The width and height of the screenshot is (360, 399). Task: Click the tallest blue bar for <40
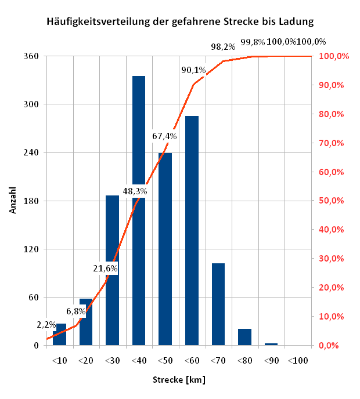click(139, 145)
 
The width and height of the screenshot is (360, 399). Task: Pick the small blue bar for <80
click(244, 337)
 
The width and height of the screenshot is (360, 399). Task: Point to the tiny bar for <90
click(271, 344)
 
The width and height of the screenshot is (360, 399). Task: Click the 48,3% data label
click(135, 190)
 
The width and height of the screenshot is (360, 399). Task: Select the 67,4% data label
click(164, 136)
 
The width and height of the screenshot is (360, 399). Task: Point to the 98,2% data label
click(222, 46)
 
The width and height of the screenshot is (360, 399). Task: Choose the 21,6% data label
click(106, 268)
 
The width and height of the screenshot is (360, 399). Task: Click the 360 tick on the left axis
click(32, 56)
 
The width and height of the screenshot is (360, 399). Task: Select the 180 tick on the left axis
click(32, 201)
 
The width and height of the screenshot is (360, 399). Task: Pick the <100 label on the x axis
click(298, 361)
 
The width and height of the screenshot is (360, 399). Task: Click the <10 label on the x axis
click(59, 361)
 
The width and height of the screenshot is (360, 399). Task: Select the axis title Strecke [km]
click(179, 380)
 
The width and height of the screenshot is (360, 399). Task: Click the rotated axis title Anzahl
click(13, 200)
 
